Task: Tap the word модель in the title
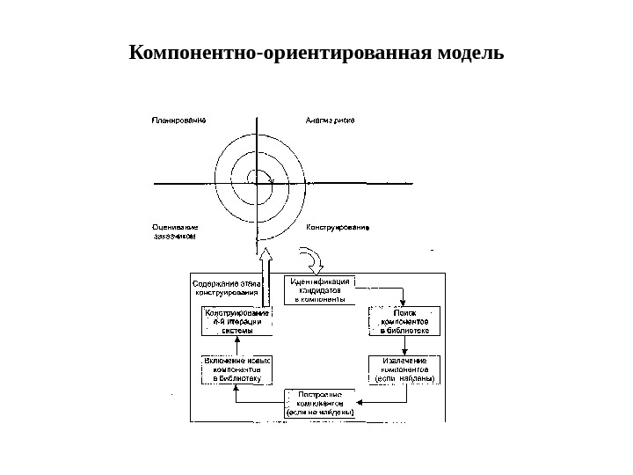467,54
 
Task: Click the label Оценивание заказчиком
176,231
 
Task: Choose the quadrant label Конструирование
338,227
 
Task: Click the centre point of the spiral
257,183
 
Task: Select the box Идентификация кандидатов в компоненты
319,289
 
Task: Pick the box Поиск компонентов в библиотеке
404,321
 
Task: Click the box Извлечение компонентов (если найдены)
404,369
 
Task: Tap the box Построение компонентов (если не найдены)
320,402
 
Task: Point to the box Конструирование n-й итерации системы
236,322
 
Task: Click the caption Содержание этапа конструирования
226,289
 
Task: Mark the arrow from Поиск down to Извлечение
404,345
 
